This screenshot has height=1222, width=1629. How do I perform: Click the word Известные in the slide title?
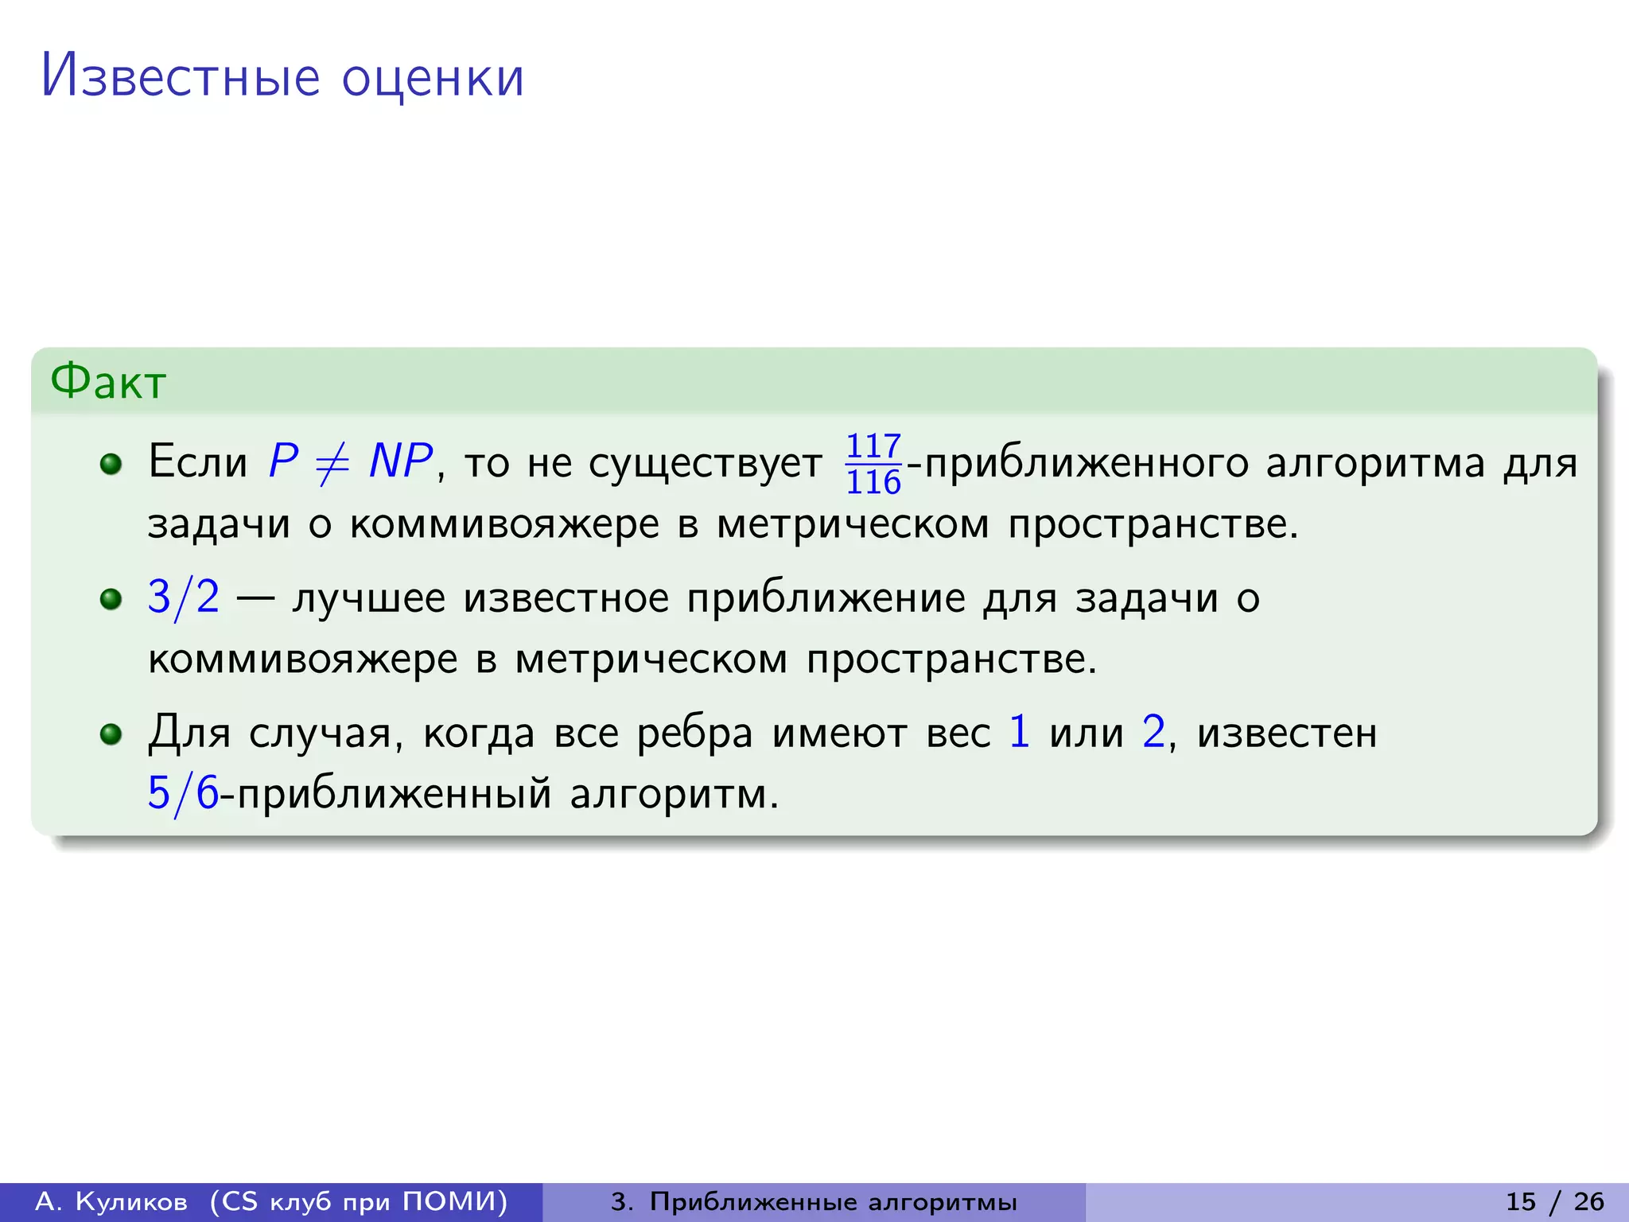click(180, 77)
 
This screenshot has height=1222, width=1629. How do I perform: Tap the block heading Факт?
click(108, 382)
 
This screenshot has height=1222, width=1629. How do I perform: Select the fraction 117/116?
click(873, 464)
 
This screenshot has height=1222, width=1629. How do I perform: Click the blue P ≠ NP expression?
click(350, 461)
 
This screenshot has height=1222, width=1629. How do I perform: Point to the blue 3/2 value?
click(184, 597)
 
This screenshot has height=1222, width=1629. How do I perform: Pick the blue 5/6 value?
click(183, 793)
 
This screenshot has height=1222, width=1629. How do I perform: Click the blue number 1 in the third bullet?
click(1019, 732)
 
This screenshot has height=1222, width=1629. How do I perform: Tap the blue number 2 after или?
click(1153, 732)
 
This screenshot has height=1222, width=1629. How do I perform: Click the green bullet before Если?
click(111, 464)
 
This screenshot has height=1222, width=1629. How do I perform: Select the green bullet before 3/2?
click(111, 598)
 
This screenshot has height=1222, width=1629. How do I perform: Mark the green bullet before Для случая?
click(111, 734)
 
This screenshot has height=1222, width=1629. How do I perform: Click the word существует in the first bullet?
click(706, 465)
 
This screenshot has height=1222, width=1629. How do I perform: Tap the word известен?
click(1287, 734)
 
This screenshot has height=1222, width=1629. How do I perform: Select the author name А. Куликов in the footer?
click(111, 1201)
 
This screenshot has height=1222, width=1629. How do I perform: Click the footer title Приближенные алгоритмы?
click(833, 1201)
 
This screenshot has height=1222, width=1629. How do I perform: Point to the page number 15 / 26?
click(1554, 1201)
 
